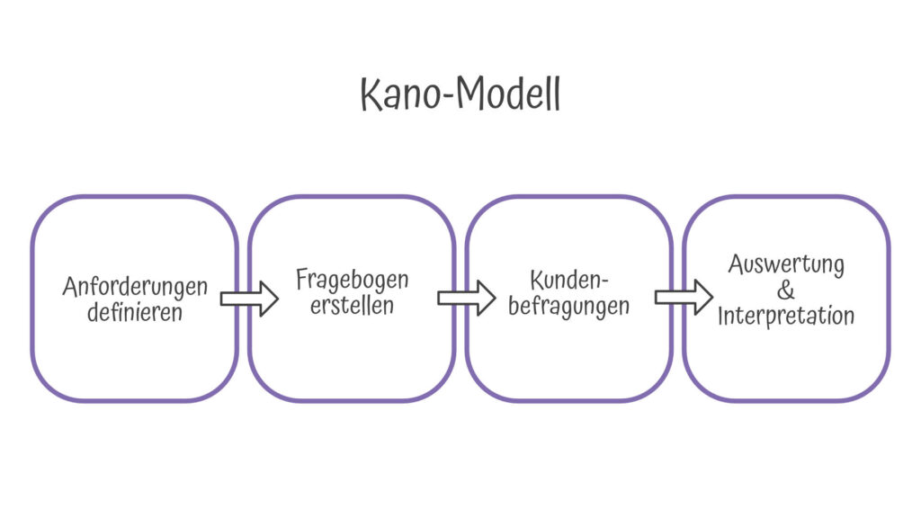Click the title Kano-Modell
[x=460, y=94]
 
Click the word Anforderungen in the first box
[x=135, y=288]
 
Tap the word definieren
[x=135, y=312]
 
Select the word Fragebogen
[x=352, y=281]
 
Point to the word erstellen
[x=352, y=306]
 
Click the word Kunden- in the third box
[x=568, y=281]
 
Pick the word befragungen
[x=568, y=307]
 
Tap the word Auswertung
[x=786, y=265]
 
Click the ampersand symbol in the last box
[x=785, y=290]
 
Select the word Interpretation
[x=786, y=316]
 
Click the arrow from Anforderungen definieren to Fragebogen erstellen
[x=249, y=299]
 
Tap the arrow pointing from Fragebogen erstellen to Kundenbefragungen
[x=467, y=298]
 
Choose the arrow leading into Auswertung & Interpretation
[x=684, y=297]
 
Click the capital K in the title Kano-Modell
[x=371, y=94]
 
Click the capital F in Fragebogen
[x=302, y=279]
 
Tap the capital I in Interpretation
[x=721, y=316]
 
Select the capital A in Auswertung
[x=737, y=263]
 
